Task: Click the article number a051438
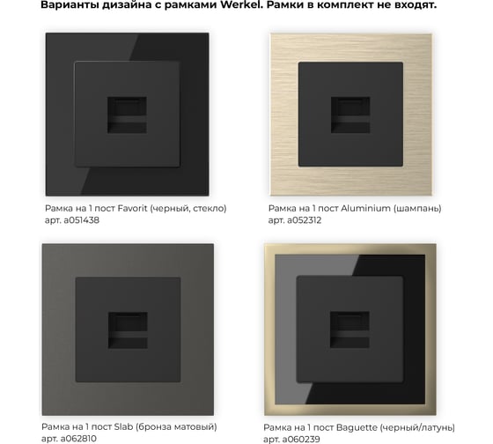(81, 220)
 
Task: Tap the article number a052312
(304, 220)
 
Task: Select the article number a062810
(78, 439)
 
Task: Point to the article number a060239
(301, 440)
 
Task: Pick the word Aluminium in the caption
(365, 208)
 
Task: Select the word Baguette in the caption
(357, 427)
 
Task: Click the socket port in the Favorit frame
(127, 115)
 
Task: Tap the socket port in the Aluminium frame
(350, 115)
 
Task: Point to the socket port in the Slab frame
(128, 330)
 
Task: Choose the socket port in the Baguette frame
(350, 329)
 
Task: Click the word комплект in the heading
(347, 4)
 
